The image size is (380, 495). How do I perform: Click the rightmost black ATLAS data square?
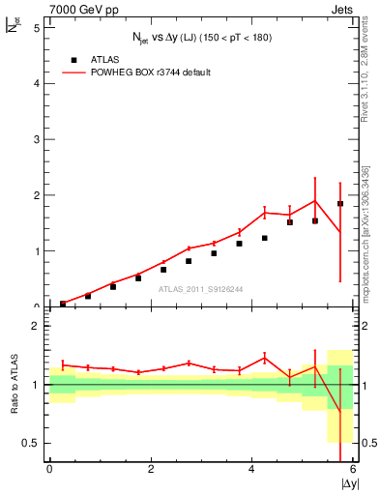pyautogui.click(x=340, y=204)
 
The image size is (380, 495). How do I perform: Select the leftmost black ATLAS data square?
pyautogui.click(x=63, y=304)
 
